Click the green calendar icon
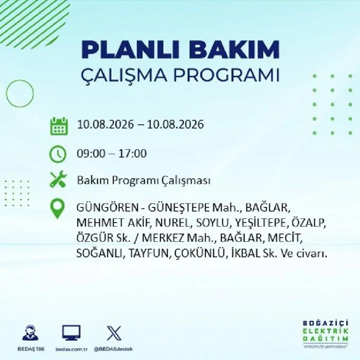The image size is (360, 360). pyautogui.click(x=59, y=126)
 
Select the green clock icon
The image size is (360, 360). pyautogui.click(x=58, y=154)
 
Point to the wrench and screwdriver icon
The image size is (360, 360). pyautogui.click(x=58, y=180)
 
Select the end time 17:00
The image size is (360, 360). pyautogui.click(x=132, y=154)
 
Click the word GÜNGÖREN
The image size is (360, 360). pyautogui.click(x=108, y=208)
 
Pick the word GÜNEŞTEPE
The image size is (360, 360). pyautogui.click(x=179, y=208)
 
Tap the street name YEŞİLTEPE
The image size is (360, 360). pyautogui.click(x=261, y=223)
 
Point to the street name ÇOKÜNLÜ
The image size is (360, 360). pyautogui.click(x=200, y=253)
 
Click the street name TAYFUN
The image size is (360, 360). pyautogui.click(x=149, y=253)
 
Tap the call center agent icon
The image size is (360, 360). pyautogui.click(x=31, y=333)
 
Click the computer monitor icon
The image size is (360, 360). pyautogui.click(x=72, y=333)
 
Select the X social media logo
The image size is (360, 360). pyautogui.click(x=114, y=333)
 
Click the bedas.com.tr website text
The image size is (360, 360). pyautogui.click(x=72, y=349)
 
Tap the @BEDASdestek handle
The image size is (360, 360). pyautogui.click(x=113, y=349)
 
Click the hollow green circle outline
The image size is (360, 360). pyautogui.click(x=6, y=94)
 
